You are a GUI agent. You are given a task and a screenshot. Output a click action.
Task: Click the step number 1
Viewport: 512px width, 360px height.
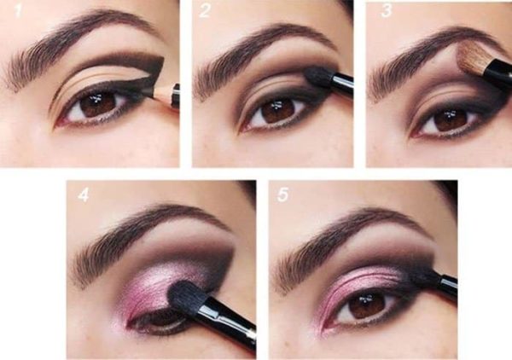[18, 11]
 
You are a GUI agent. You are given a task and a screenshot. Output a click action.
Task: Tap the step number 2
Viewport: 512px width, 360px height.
[205, 11]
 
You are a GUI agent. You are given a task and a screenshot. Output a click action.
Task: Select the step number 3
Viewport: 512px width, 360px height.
[386, 11]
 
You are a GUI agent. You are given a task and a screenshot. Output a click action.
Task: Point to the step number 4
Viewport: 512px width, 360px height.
[84, 195]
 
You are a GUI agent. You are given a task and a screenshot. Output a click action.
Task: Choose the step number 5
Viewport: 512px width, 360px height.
[282, 195]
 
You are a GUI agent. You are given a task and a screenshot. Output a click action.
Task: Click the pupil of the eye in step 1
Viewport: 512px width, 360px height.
[98, 102]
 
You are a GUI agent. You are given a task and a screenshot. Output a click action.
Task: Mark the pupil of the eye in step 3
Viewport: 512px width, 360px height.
[451, 119]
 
